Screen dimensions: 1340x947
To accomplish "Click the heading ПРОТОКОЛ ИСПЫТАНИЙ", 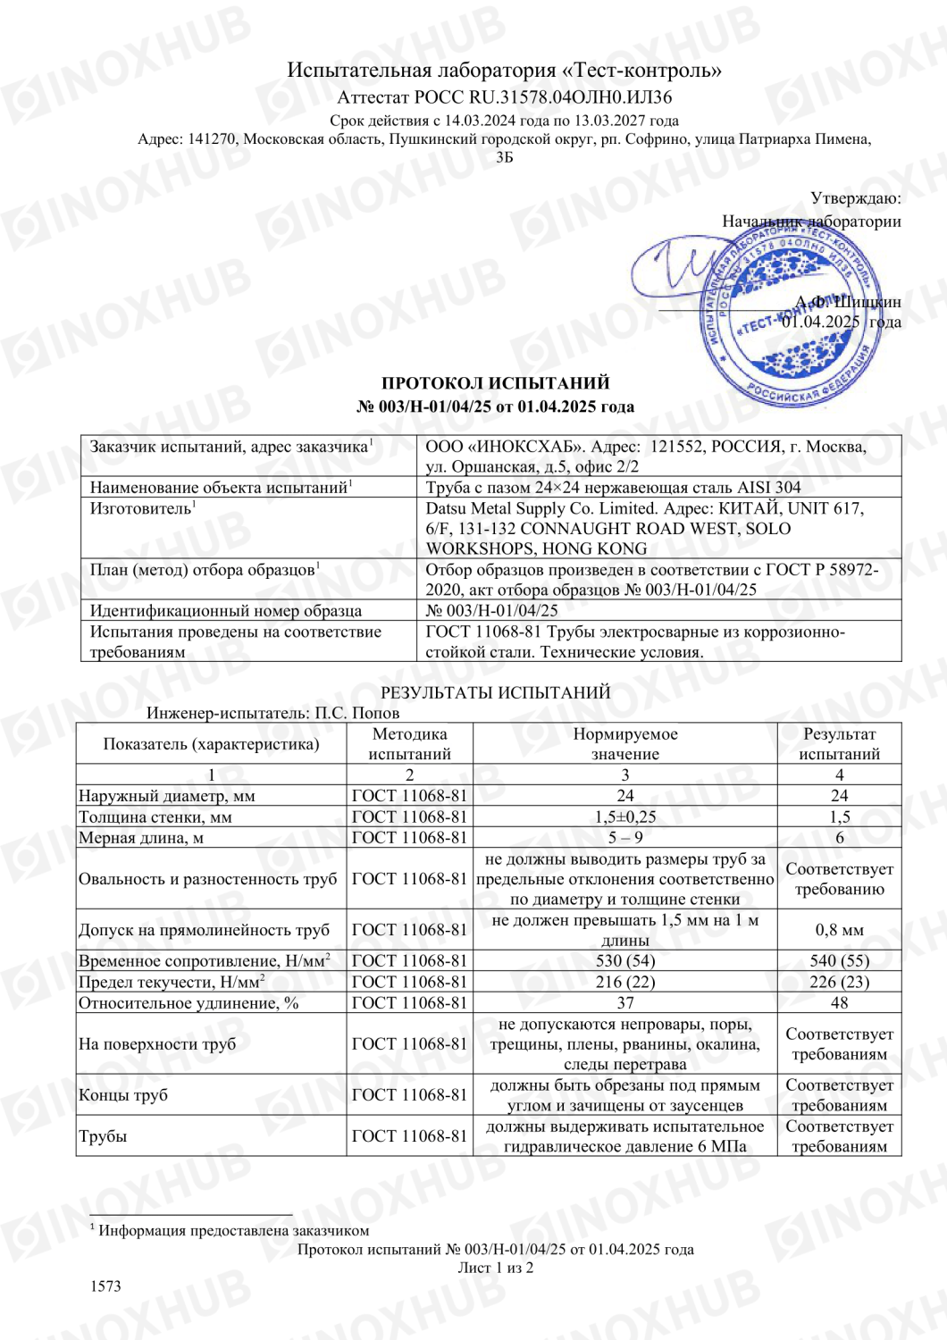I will point(495,383).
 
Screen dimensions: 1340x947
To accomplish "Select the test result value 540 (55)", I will point(839,961).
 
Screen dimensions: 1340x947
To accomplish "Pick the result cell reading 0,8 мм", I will point(839,930).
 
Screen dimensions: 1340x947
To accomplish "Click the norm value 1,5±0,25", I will point(624,817).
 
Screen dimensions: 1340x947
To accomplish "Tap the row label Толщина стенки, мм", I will point(155,817).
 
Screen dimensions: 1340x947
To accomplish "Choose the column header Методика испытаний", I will point(409,743).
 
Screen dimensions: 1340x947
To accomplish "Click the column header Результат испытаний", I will point(839,743).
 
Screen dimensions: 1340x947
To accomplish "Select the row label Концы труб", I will point(123,1095).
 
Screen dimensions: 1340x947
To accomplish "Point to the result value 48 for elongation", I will point(839,1002).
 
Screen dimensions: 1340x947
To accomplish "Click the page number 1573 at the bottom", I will point(105,1286).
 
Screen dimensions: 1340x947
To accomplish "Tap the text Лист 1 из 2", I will point(495,1268).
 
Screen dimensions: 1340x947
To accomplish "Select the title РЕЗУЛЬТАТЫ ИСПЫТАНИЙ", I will point(495,692).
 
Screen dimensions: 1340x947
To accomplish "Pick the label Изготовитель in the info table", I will point(141,508).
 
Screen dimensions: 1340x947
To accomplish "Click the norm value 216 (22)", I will point(624,982).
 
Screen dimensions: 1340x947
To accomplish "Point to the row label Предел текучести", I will point(172,982).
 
